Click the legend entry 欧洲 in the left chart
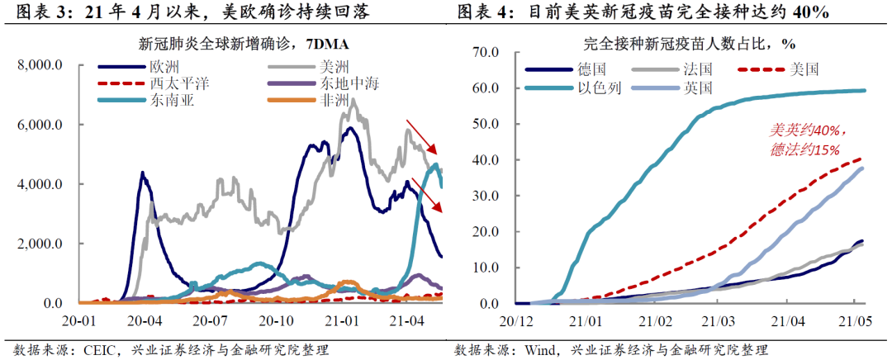164,66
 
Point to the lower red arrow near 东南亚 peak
427,193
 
